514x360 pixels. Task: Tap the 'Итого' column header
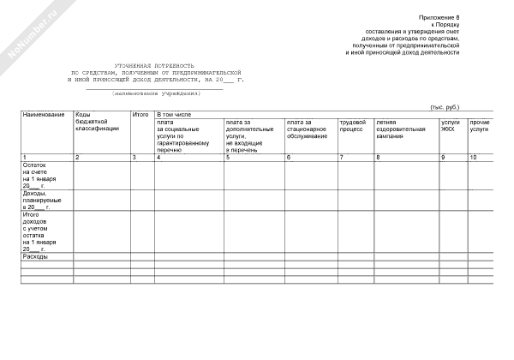tap(140, 115)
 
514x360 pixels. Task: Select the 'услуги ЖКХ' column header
tap(451, 125)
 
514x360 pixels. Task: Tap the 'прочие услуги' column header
tap(480, 125)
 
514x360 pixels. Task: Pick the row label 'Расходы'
tap(36, 256)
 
